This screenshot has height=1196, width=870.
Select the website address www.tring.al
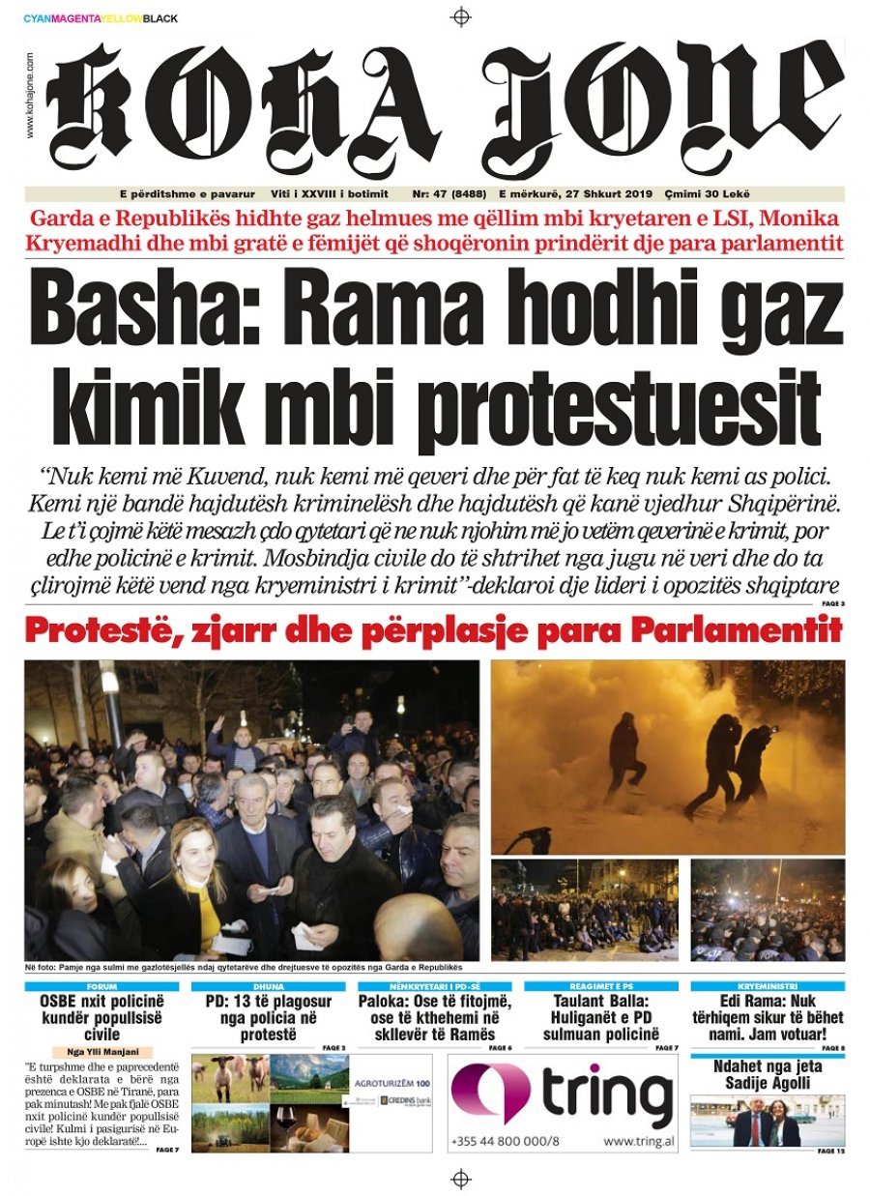[x=638, y=1141]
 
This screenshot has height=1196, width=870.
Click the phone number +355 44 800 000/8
[x=505, y=1141]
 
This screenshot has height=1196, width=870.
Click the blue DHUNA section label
[x=268, y=986]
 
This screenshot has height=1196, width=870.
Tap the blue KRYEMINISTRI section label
[x=768, y=986]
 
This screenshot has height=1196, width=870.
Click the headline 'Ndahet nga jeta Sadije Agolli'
[x=767, y=1074]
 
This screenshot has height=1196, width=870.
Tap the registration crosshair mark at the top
[x=461, y=16]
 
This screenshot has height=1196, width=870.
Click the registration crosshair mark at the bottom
[x=461, y=1178]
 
